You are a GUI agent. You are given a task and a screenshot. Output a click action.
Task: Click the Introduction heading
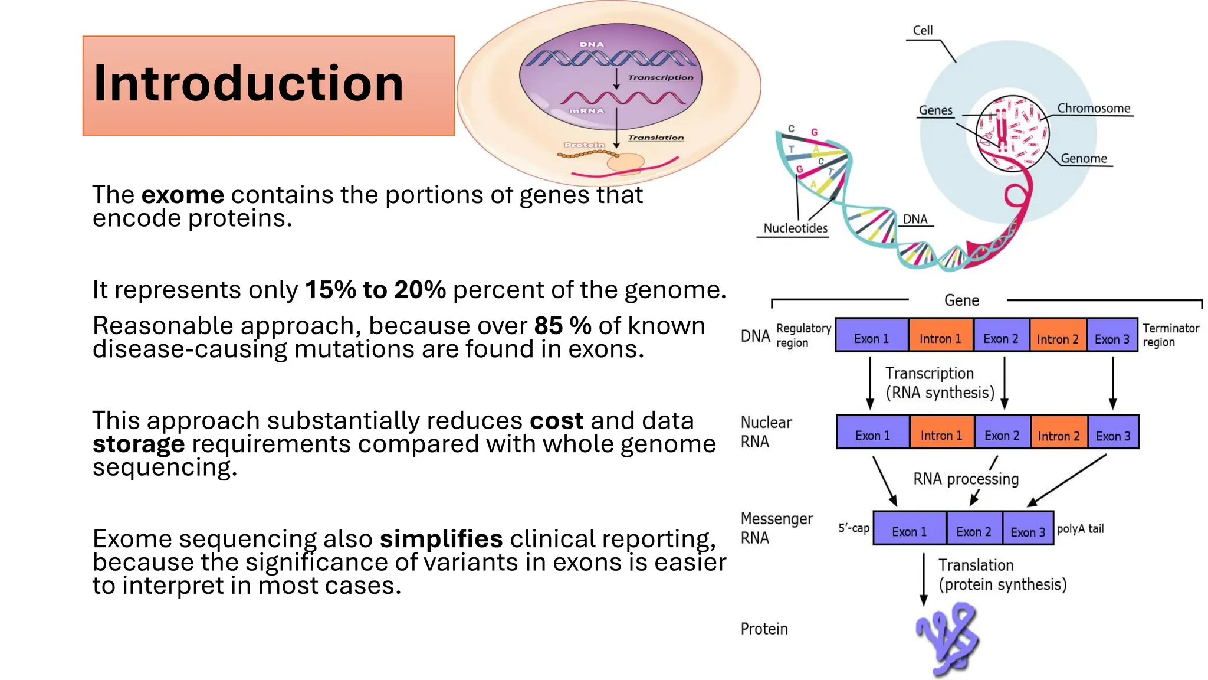click(248, 83)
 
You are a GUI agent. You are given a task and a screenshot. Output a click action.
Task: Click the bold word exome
click(182, 195)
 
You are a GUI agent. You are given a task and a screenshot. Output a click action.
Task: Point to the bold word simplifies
click(441, 539)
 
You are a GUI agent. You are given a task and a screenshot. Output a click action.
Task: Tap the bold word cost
click(556, 421)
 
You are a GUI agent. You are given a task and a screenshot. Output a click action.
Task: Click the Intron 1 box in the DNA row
click(940, 338)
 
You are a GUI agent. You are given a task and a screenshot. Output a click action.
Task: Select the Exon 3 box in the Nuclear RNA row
click(1113, 436)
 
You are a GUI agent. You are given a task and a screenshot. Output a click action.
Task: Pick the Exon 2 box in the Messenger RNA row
click(973, 531)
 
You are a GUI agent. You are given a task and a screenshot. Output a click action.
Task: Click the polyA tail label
click(1080, 529)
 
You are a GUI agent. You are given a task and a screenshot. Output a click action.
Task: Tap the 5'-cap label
click(854, 528)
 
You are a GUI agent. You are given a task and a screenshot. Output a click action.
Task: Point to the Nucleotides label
click(795, 228)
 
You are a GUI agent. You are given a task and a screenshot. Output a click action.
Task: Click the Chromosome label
click(1093, 109)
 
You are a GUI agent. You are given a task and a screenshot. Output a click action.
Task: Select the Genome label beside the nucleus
click(1084, 158)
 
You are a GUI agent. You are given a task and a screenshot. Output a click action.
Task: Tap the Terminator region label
click(1170, 335)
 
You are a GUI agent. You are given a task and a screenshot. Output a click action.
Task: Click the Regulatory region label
click(803, 335)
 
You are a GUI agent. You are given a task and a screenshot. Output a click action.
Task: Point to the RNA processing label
click(966, 479)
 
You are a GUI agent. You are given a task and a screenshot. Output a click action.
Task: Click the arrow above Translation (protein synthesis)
click(924, 578)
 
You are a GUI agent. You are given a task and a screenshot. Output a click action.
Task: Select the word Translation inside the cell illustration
click(655, 138)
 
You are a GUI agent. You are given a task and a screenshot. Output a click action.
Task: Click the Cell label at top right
click(923, 30)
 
